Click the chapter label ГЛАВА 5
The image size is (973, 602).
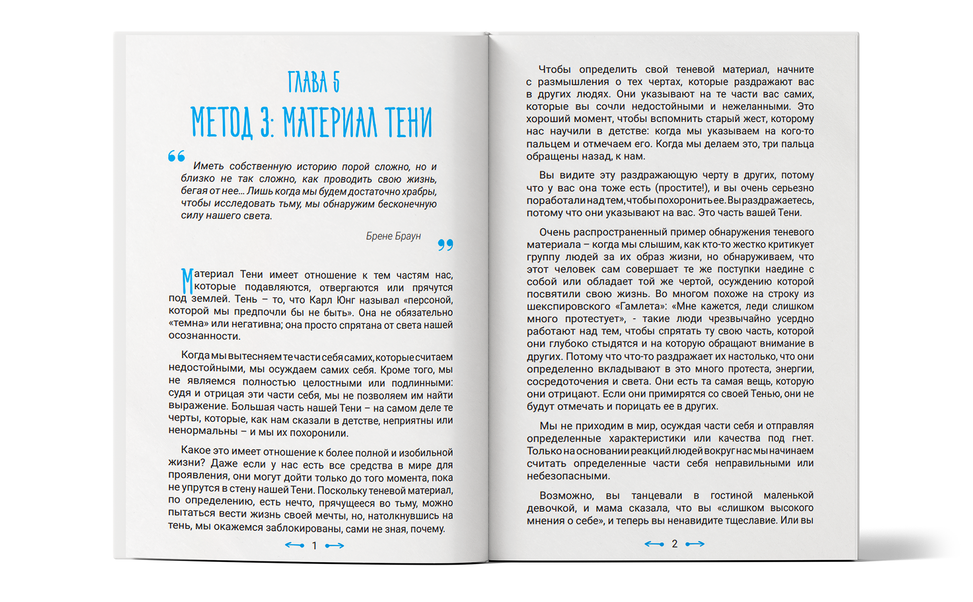point(313,82)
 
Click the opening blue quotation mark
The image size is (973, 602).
point(176,156)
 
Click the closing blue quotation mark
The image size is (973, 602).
point(445,244)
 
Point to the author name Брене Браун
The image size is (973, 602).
point(393,236)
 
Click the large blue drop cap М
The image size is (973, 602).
point(187,281)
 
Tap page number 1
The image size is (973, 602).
point(314,546)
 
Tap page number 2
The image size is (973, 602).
point(674,544)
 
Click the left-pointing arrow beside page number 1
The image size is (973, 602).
point(295,545)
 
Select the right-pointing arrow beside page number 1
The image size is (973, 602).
point(334,546)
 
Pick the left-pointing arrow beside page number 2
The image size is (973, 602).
point(654,544)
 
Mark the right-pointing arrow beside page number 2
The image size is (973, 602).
point(695,544)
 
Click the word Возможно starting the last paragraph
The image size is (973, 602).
point(566,495)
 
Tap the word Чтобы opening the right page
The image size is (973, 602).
point(554,69)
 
